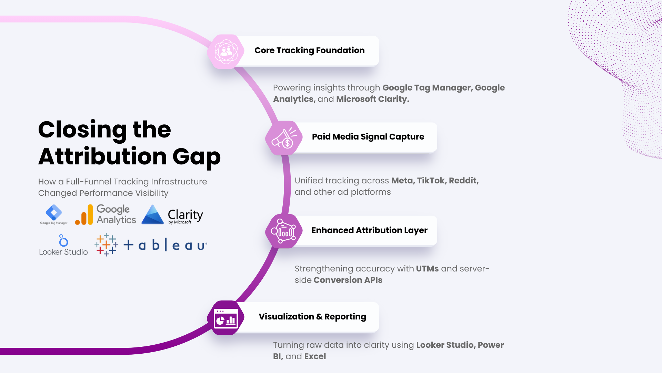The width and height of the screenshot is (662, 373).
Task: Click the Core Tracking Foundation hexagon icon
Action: coord(226,51)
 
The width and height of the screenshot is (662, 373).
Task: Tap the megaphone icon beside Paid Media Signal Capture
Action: coord(284,138)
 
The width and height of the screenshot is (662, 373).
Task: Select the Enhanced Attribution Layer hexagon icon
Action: coord(284,231)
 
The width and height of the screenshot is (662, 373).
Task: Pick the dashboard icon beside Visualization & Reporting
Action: coord(226,318)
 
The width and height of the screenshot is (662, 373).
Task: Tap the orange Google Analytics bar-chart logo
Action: coord(84,215)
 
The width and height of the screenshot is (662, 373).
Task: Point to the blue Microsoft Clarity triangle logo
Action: coord(152,214)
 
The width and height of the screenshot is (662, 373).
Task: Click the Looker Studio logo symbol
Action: coord(63,240)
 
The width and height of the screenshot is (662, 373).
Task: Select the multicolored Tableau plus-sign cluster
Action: coord(106,245)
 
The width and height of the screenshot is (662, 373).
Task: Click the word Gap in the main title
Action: coord(197,157)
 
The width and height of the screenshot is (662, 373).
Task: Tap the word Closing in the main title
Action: coord(82,130)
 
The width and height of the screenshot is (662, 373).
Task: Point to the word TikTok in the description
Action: coord(431,181)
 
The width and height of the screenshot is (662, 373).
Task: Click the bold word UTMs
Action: coord(427,269)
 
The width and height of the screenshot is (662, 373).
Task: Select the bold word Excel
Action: coord(315,356)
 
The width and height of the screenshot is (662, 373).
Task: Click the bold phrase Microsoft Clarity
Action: coord(372,99)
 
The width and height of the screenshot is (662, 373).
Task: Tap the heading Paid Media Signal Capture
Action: coord(368,137)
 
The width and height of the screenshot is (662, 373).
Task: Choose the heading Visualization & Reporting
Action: coord(312,317)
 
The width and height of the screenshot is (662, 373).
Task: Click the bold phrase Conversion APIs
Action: coord(348,280)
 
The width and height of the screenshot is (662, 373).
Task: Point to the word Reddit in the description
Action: coord(464,181)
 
